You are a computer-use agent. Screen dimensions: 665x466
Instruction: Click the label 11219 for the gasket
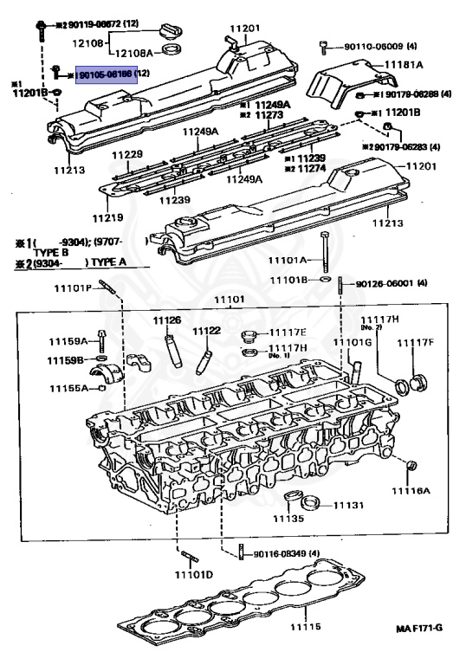tap(108, 216)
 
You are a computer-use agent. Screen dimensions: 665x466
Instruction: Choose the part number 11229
tap(126, 154)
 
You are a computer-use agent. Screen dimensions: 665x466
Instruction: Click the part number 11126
tap(167, 320)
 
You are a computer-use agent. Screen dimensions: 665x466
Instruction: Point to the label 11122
tap(206, 331)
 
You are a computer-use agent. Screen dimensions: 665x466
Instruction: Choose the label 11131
tap(349, 504)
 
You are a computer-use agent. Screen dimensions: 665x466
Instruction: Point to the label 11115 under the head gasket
tap(305, 627)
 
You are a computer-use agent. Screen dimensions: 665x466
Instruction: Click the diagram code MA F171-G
tap(422, 650)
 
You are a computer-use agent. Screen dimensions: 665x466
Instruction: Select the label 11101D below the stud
tap(193, 575)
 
